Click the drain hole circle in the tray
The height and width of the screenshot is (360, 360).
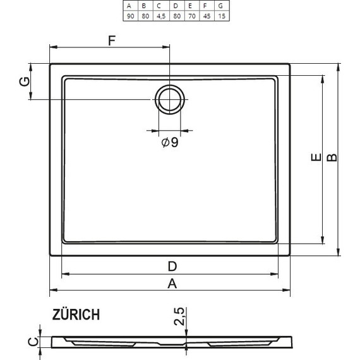coord(169,99)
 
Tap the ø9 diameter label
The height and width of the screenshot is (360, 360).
coord(169,143)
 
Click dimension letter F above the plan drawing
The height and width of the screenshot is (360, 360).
coord(111,41)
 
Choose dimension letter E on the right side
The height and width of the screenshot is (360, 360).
coord(315,160)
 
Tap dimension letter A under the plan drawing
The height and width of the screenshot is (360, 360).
coord(171,284)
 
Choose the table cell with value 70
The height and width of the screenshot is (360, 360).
coord(190,15)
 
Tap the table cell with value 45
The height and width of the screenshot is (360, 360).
coord(205,15)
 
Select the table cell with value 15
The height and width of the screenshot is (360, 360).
coord(221,15)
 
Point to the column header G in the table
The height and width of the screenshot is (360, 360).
coord(221,6)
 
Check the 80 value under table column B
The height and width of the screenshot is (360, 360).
coord(144,15)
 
